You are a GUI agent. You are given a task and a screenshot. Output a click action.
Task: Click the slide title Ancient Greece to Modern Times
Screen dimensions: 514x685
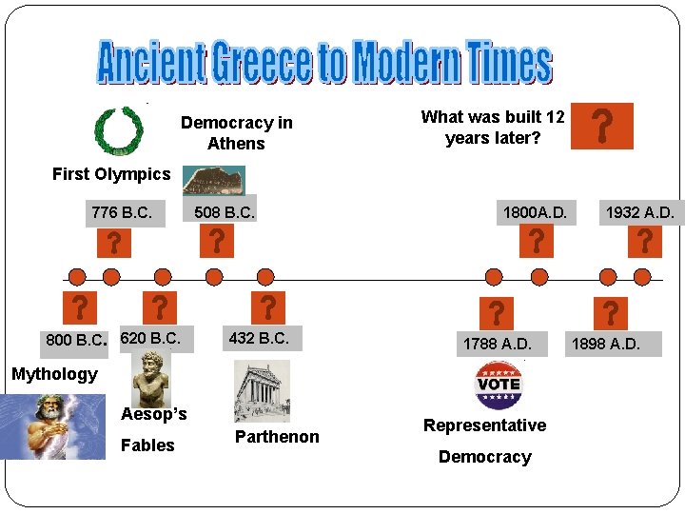[324, 63]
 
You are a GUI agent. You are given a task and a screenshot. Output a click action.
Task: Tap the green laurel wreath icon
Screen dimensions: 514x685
[119, 130]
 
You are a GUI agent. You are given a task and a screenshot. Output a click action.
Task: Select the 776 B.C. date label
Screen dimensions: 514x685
[121, 212]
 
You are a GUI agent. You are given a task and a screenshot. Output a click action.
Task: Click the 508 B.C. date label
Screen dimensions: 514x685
[225, 212]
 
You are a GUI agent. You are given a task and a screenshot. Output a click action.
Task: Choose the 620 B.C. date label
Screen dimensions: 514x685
[150, 338]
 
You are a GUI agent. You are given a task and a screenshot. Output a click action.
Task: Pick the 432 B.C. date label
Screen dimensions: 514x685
[259, 338]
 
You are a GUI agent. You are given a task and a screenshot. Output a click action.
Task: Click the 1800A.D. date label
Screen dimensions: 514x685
[535, 213]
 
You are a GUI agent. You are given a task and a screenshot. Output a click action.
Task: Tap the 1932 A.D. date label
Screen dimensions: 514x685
[640, 213]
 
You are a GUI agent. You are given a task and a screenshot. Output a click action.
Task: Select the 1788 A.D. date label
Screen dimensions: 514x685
[497, 343]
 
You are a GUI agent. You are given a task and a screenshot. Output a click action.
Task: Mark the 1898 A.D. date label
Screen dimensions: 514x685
[605, 343]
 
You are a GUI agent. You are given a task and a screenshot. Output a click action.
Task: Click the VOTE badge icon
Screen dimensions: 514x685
[498, 385]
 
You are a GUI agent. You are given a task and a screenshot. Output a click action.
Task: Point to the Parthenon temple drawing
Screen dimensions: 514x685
[262, 391]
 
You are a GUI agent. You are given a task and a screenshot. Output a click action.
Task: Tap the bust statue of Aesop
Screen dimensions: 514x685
[150, 376]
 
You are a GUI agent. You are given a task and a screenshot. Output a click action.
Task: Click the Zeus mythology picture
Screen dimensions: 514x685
[53, 426]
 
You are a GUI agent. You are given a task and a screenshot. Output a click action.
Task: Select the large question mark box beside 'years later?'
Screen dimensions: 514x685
[601, 127]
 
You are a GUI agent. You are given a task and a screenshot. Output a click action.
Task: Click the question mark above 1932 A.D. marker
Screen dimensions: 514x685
[644, 242]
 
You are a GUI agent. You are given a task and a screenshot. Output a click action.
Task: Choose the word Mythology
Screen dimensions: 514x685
[54, 374]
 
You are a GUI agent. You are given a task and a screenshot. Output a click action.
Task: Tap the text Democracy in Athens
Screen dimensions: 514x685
[237, 133]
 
